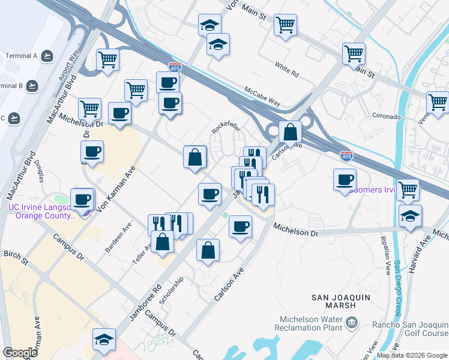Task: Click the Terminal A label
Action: pyautogui.click(x=21, y=56)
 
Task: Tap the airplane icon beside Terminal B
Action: pyautogui.click(x=32, y=86)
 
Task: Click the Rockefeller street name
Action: pyautogui.click(x=226, y=129)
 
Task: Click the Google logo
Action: pyautogui.click(x=20, y=353)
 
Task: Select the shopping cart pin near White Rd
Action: pyautogui.click(x=286, y=26)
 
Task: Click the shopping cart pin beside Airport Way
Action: pyautogui.click(x=108, y=59)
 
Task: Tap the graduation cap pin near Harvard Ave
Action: pyautogui.click(x=410, y=216)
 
